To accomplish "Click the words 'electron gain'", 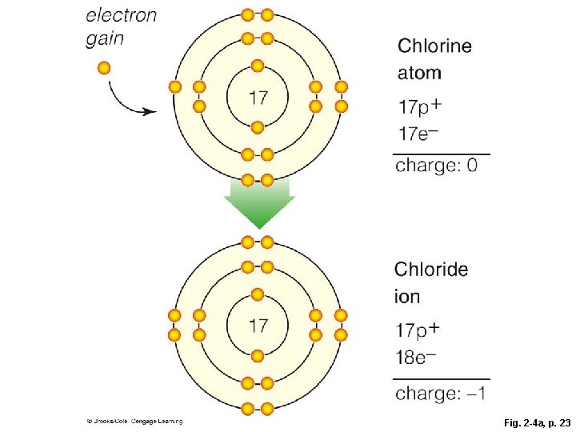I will click(121, 26).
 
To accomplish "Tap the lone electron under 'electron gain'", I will click(104, 67).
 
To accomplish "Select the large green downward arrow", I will click(258, 203).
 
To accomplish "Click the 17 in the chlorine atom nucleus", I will click(258, 98).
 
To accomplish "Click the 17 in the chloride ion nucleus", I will click(258, 326).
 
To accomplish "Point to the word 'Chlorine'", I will click(435, 46).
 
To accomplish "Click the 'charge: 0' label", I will click(438, 166).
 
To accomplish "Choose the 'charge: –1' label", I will click(442, 393).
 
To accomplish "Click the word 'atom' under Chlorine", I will click(419, 73).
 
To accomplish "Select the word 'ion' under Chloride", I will click(407, 297).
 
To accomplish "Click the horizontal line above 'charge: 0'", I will click(442, 153).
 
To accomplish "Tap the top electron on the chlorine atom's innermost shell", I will click(258, 66).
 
